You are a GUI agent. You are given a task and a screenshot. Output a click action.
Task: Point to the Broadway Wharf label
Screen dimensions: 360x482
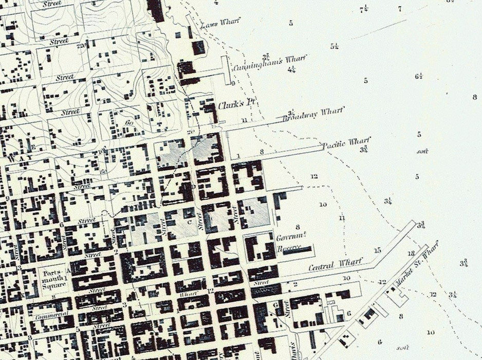pos(313,114)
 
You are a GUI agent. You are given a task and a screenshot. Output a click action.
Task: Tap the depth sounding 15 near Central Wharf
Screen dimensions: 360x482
pos(378,250)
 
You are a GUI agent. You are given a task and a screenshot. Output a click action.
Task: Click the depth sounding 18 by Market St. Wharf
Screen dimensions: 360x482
pos(411,254)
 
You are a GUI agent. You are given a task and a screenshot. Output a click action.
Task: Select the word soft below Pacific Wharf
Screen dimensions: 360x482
pos(423,151)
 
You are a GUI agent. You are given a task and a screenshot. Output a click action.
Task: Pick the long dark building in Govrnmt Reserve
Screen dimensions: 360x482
pos(297,250)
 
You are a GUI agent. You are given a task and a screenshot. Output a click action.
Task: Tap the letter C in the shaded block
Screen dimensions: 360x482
pos(190,222)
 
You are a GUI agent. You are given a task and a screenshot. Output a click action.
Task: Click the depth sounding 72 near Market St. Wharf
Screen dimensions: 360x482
pos(433,294)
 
